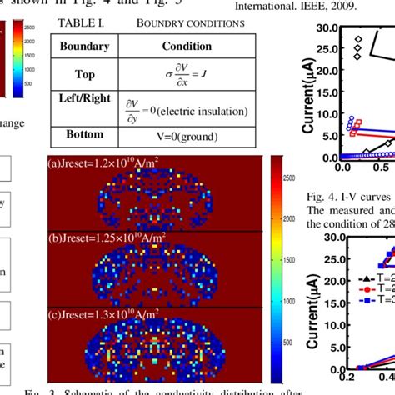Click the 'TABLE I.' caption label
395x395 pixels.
click(77, 22)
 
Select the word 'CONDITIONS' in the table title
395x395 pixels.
click(212, 22)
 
